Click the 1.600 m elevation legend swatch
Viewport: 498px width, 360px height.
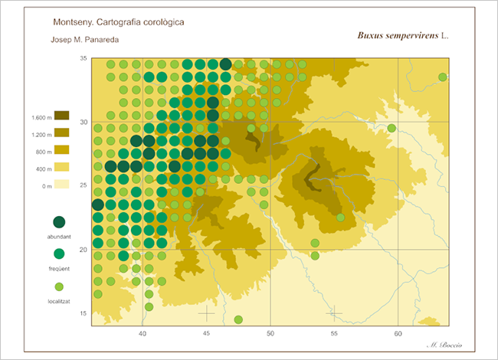[61, 116]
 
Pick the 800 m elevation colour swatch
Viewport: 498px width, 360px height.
[61, 149]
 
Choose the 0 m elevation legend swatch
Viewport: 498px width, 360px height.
[61, 184]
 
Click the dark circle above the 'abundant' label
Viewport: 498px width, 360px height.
[59, 222]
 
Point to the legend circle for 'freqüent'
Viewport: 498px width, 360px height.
[59, 254]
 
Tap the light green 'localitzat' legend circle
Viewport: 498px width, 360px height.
[59, 286]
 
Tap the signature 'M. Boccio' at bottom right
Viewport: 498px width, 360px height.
[444, 346]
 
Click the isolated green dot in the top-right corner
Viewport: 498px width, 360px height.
[443, 77]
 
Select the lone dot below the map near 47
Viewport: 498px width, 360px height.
[238, 319]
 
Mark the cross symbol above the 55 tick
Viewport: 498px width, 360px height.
[334, 313]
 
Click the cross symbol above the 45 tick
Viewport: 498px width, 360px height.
[206, 313]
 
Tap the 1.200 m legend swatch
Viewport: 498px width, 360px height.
[61, 133]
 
